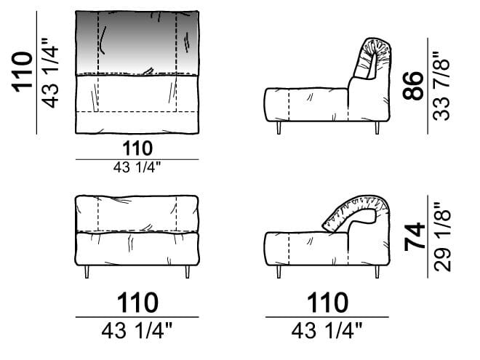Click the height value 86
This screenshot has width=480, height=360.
pyautogui.click(x=413, y=86)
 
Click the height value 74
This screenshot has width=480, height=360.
pyautogui.click(x=415, y=236)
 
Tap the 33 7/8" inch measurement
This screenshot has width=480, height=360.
pyautogui.click(x=441, y=86)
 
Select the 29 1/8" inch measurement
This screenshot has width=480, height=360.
pyautogui.click(x=443, y=236)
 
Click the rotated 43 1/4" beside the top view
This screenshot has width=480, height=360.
pyautogui.click(x=49, y=73)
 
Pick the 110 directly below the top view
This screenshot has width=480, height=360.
pyautogui.click(x=137, y=148)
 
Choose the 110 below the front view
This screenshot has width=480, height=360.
pyautogui.click(x=137, y=303)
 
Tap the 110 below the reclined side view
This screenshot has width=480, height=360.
pyautogui.click(x=327, y=303)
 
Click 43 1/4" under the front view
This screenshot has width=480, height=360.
pyautogui.click(x=137, y=331)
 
